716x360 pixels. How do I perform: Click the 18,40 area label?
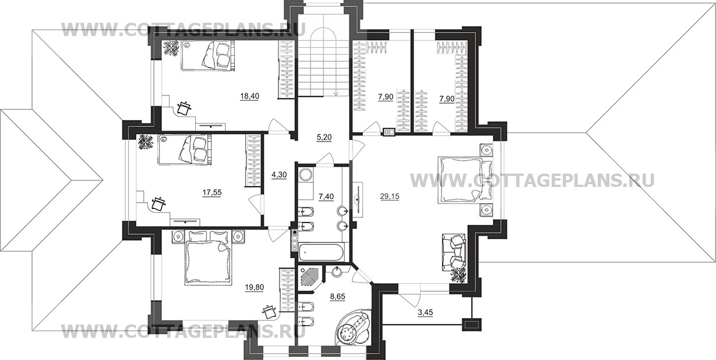(x=250, y=96)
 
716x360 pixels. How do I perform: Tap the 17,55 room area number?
(x=212, y=192)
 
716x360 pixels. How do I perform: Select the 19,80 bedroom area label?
(x=255, y=287)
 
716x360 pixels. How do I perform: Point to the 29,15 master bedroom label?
(x=390, y=196)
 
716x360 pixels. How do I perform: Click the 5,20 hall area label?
(x=325, y=137)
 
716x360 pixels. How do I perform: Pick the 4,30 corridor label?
(x=279, y=175)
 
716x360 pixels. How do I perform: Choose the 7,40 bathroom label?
(x=326, y=196)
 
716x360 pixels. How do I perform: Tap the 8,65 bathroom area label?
(x=337, y=297)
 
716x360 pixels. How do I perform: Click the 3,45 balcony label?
(x=425, y=312)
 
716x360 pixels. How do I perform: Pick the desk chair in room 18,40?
(x=183, y=107)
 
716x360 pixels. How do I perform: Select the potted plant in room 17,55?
(x=147, y=142)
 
